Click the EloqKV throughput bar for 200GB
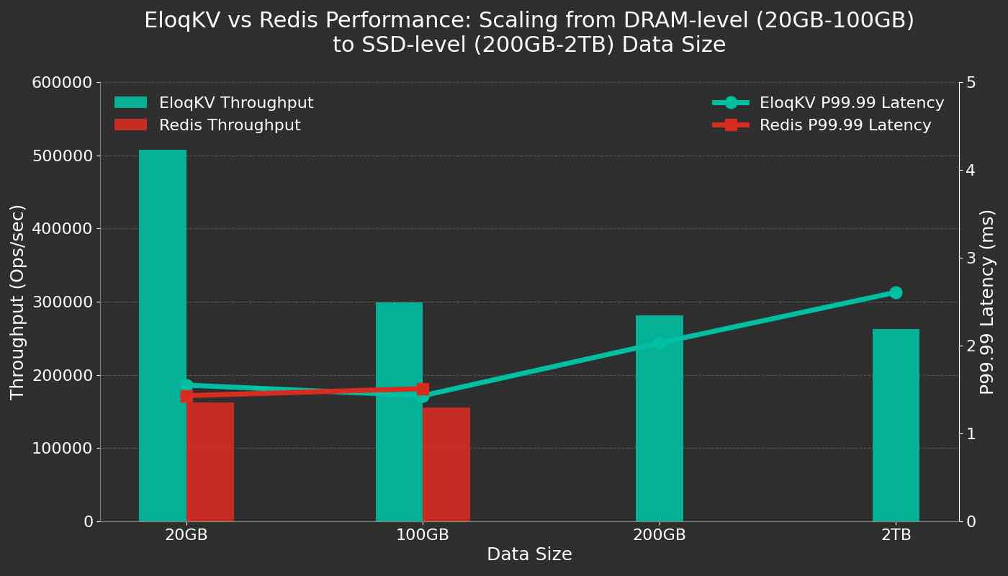pos(659,432)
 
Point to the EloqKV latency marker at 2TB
pos(896,292)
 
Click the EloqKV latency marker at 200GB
pos(660,343)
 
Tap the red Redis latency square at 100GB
pos(423,389)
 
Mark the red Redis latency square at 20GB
pos(186,396)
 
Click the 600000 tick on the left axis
pos(62,83)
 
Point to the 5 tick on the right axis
pos(971,83)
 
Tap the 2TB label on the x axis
pos(896,535)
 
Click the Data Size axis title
pos(529,554)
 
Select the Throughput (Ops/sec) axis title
pos(18,302)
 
